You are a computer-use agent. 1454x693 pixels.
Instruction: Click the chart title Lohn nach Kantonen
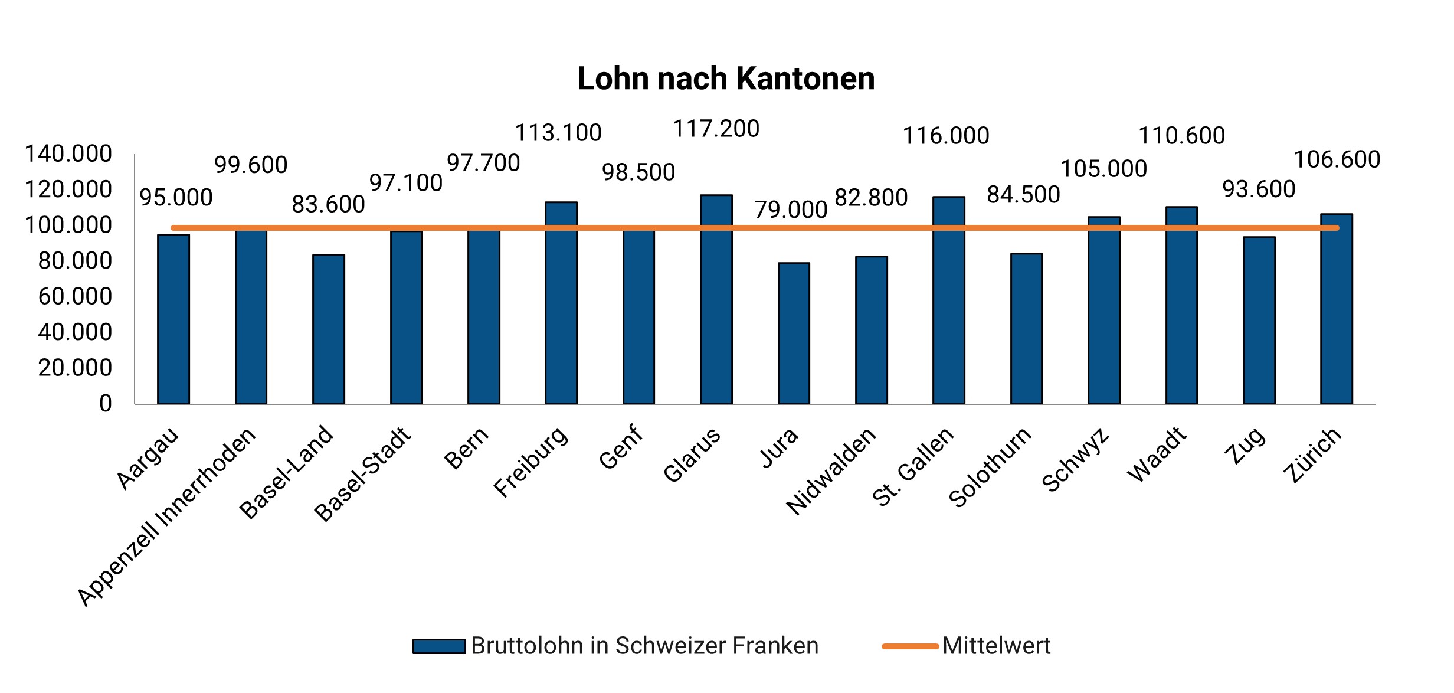(x=726, y=79)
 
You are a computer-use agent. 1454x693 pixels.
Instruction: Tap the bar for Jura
(x=794, y=334)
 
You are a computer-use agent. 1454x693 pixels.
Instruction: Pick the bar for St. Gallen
(x=948, y=300)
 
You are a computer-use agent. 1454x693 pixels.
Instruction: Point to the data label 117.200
(x=716, y=129)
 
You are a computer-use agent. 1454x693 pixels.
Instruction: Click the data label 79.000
(x=791, y=210)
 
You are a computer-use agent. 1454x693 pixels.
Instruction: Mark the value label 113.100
(x=558, y=133)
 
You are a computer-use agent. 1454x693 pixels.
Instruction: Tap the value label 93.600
(x=1259, y=189)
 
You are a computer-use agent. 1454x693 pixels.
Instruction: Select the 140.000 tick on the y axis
(x=68, y=154)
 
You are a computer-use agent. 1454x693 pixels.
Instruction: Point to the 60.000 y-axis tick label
(x=75, y=296)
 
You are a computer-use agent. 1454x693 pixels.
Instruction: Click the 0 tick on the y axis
(x=105, y=404)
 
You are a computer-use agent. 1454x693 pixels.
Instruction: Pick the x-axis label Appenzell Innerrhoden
(x=168, y=516)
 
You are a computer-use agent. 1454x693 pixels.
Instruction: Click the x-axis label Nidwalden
(x=831, y=471)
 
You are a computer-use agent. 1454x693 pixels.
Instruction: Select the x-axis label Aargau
(x=147, y=458)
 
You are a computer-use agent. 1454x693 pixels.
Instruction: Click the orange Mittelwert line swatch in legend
(x=910, y=646)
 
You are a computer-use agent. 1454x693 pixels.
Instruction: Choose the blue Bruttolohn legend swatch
(x=439, y=646)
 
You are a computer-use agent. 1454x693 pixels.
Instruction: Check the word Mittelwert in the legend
(x=996, y=646)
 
